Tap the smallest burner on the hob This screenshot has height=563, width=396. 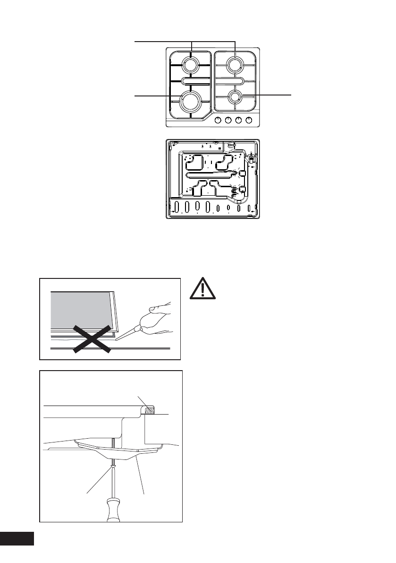[x=235, y=97]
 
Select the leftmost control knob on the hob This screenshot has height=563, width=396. [x=218, y=121]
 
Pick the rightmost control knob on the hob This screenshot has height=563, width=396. [x=249, y=121]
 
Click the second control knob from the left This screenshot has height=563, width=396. [x=228, y=121]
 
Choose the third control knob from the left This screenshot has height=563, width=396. [x=239, y=121]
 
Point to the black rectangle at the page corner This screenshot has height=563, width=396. [x=17, y=539]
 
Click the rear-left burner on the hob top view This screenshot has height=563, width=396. [x=191, y=65]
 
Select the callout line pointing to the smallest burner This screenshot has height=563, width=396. [x=271, y=95]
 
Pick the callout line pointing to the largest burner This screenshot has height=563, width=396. [x=156, y=96]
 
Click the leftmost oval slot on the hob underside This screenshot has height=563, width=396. [x=177, y=207]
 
